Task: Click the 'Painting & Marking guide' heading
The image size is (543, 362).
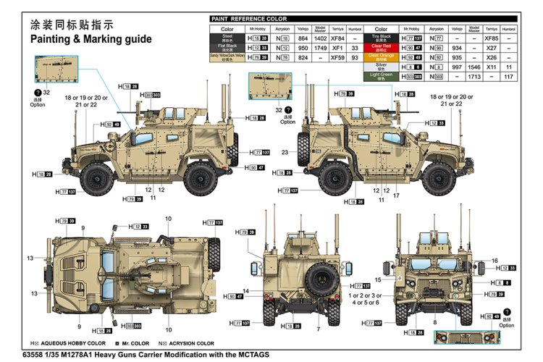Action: pos(90,39)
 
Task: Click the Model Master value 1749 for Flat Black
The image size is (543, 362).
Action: pos(320,46)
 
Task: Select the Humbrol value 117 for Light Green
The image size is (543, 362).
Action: pos(508,76)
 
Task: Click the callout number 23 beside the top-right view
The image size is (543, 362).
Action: pos(285,152)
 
